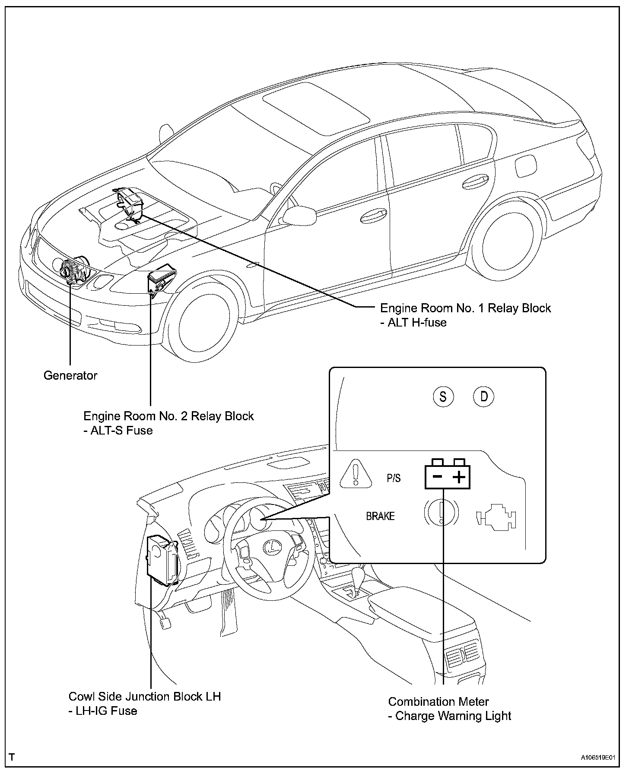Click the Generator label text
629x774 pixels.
click(70, 375)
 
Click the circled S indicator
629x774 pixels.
click(443, 396)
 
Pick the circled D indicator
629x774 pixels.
click(484, 396)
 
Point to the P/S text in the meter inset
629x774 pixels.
click(394, 478)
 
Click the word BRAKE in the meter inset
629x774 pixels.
click(380, 516)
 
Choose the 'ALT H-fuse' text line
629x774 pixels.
click(413, 322)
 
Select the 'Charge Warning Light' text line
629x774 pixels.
click(450, 716)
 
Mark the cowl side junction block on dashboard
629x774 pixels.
click(162, 560)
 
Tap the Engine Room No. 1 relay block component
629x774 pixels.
click(130, 205)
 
